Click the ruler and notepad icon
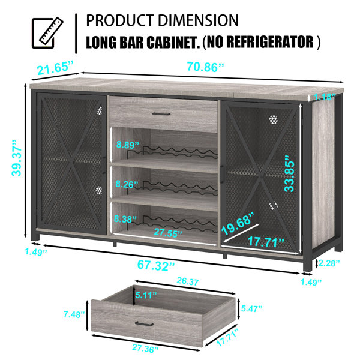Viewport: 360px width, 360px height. click(x=47, y=33)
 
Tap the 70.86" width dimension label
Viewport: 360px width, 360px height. click(x=205, y=67)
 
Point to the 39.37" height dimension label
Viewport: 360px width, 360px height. click(x=17, y=158)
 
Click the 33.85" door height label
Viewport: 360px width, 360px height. click(x=289, y=173)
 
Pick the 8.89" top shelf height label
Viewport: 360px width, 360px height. click(x=128, y=145)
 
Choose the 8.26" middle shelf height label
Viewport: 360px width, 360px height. click(x=127, y=184)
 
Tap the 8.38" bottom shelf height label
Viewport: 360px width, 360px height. click(x=125, y=219)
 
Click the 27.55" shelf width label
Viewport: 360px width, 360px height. click(x=168, y=232)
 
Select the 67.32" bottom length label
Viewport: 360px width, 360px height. click(x=156, y=265)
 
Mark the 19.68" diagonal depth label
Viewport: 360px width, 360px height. click(x=238, y=223)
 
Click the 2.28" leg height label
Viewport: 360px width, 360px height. click(x=329, y=263)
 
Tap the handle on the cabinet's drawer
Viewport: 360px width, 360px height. click(x=161, y=114)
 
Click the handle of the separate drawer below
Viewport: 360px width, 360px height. click(x=144, y=323)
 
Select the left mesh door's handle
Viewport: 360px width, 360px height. click(x=104, y=166)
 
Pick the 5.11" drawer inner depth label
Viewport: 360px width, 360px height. click(x=146, y=295)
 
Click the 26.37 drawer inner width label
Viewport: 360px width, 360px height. click(x=188, y=281)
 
